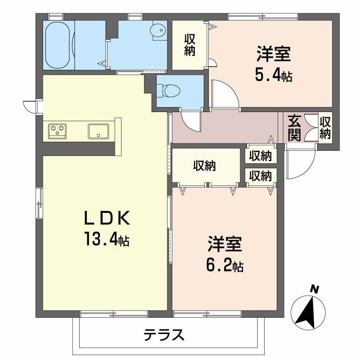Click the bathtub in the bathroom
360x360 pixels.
coord(58,45)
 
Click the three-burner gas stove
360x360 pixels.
coord(58,131)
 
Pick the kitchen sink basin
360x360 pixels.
coord(99,131)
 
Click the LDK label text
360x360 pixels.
coord(107,218)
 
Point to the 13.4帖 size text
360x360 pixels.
coord(107,239)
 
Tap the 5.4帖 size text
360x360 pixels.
coord(274,75)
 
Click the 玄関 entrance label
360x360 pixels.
coord(294,128)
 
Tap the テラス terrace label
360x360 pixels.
coord(164,334)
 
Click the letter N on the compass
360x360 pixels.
coord(315,289)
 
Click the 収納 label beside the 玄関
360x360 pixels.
coord(325,128)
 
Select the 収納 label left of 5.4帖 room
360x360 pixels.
coord(189,45)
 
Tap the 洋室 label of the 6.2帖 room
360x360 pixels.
coord(225,244)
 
